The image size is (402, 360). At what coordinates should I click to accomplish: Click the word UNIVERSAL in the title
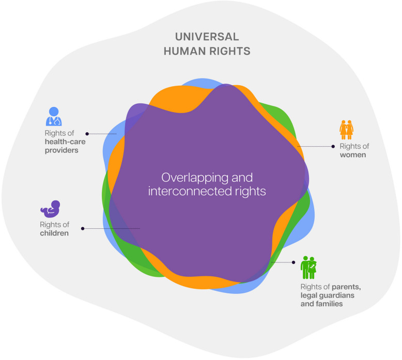tap(207, 37)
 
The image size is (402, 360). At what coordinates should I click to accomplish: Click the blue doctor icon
tap(53, 117)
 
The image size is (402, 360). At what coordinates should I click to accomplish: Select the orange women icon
tap(346, 127)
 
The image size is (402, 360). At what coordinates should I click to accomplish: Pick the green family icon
tap(309, 267)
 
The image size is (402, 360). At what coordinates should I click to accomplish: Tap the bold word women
tap(353, 155)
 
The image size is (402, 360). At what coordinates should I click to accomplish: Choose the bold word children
tap(54, 233)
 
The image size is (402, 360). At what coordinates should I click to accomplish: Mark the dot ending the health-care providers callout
tap(87, 134)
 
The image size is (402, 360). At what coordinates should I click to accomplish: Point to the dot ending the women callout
tap(333, 146)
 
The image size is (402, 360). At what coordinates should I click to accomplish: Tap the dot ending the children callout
tap(83, 228)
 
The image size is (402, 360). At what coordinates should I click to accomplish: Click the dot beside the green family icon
tap(293, 262)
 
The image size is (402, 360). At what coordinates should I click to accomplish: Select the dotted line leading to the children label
tap(111, 228)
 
